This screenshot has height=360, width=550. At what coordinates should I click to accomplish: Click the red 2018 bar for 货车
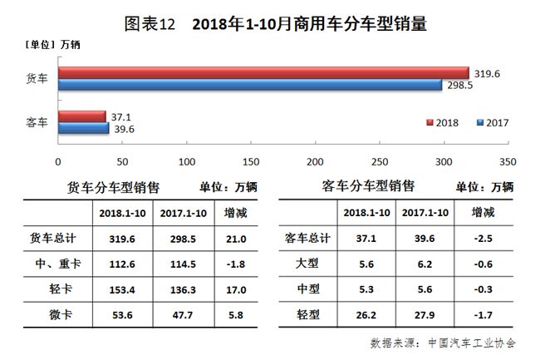263,73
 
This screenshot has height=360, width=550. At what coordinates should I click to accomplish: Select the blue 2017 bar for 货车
249,85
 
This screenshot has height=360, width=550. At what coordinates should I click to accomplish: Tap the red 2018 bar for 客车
81,116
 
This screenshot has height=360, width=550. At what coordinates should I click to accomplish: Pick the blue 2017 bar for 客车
83,128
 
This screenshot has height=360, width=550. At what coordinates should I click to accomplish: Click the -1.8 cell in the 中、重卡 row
235,264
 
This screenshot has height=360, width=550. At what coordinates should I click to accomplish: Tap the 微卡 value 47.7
179,314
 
